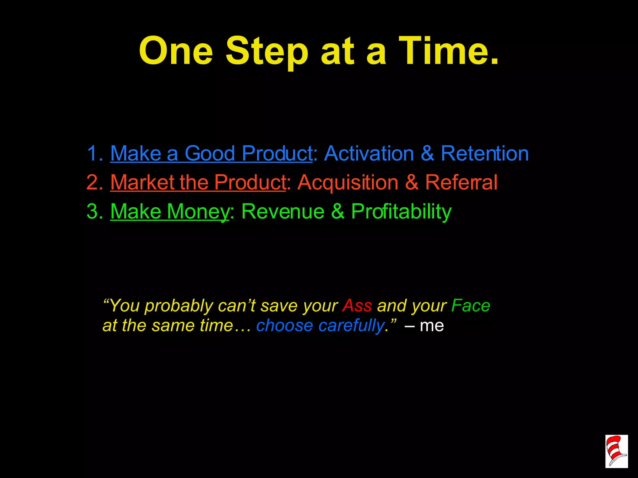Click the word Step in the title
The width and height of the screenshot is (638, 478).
(x=267, y=51)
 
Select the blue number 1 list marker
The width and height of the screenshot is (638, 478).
(x=95, y=153)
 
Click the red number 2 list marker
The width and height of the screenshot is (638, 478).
(x=95, y=182)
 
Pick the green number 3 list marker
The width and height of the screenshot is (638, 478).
(x=95, y=211)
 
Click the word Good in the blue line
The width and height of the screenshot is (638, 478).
(x=210, y=153)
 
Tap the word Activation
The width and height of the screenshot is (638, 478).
(x=369, y=153)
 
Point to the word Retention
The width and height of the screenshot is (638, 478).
(x=485, y=153)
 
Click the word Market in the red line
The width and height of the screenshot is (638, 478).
(x=142, y=182)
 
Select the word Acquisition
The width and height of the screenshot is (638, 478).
(x=348, y=182)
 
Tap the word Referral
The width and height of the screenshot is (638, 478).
(x=461, y=182)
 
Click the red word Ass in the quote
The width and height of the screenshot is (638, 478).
(x=357, y=306)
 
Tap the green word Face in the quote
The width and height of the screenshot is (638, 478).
(x=470, y=306)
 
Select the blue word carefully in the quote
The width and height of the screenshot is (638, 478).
(x=352, y=326)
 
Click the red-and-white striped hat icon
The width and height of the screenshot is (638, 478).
(x=616, y=451)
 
